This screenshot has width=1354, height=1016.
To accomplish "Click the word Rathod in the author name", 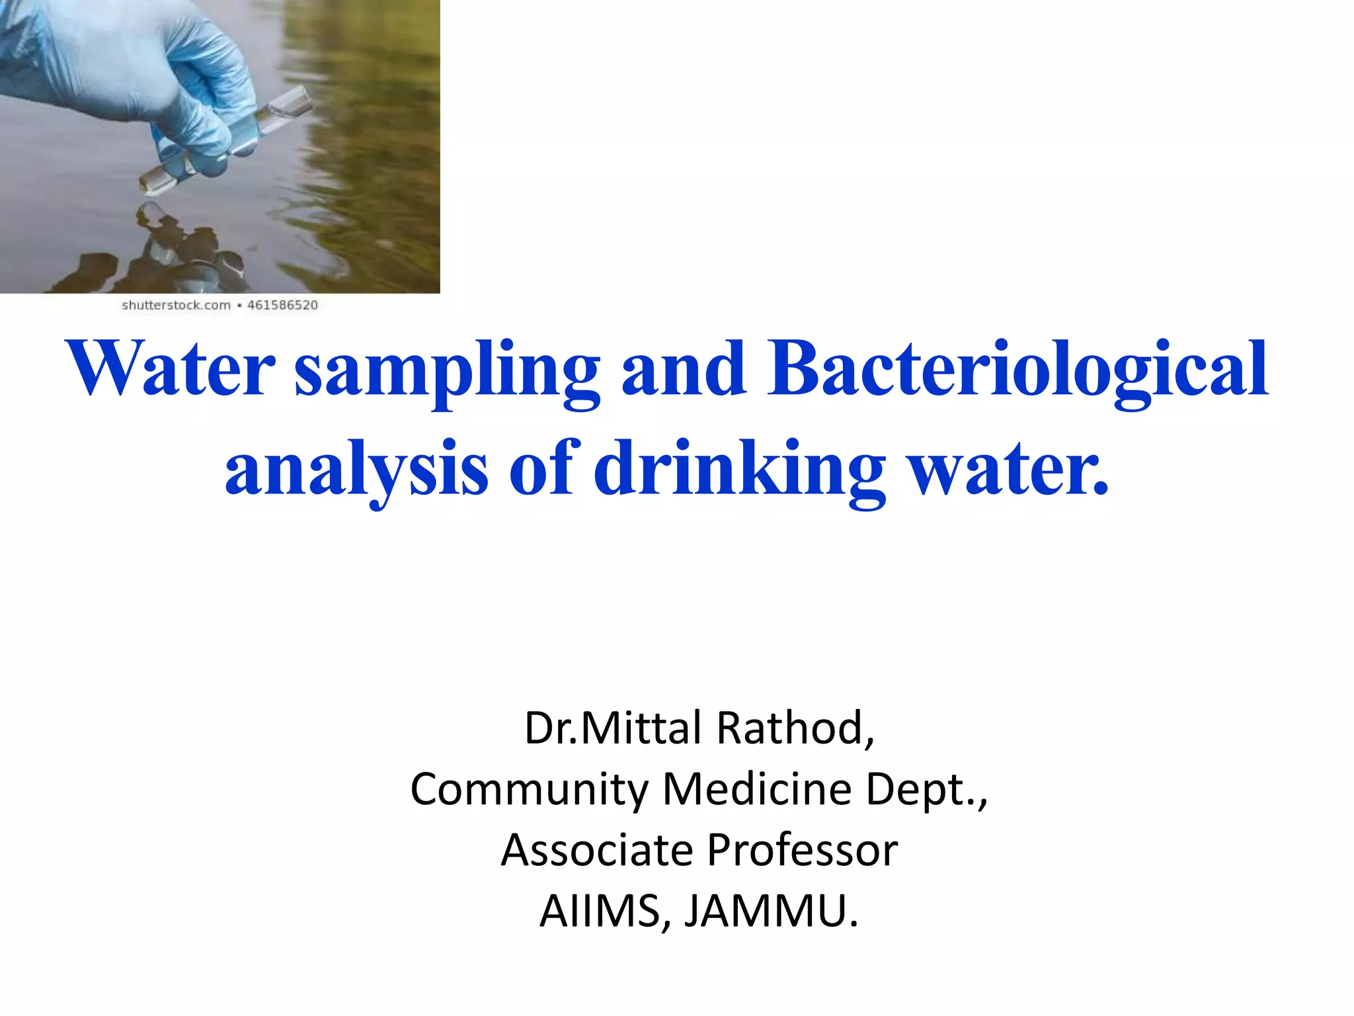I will (795, 728).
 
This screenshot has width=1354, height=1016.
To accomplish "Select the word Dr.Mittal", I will (613, 728).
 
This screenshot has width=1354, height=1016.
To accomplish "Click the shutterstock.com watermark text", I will (176, 306).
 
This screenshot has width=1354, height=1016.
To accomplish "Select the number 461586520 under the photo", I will (283, 306).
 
